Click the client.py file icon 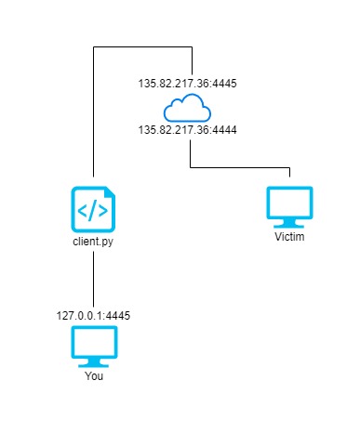(x=94, y=209)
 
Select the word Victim (x=289, y=238)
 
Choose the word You (x=94, y=378)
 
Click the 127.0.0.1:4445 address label (x=94, y=315)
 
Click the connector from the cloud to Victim (x=242, y=167)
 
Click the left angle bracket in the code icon (x=83, y=212)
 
